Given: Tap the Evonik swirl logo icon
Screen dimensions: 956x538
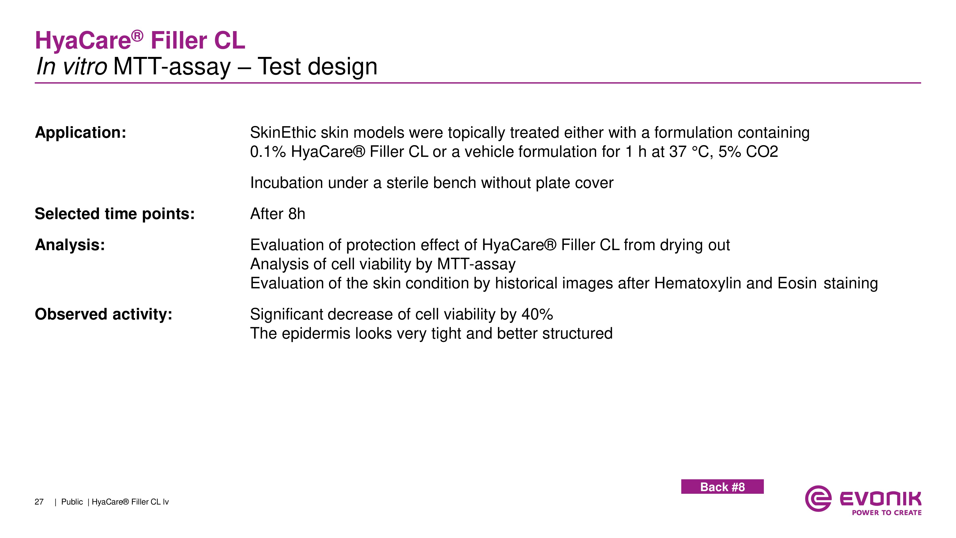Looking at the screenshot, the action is [x=818, y=499].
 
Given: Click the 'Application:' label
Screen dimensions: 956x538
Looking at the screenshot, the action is [x=81, y=132].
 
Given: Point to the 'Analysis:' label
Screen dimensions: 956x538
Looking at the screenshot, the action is [x=70, y=245].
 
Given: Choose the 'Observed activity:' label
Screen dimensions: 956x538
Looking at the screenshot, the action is [x=103, y=314].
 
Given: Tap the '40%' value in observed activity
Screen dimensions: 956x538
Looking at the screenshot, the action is [x=537, y=314].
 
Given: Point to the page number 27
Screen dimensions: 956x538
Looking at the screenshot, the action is [x=39, y=502].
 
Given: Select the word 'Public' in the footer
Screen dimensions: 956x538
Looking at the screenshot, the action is [x=72, y=502].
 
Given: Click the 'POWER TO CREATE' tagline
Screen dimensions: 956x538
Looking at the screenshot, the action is [x=887, y=513].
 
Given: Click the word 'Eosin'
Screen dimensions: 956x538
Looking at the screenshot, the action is [x=797, y=283].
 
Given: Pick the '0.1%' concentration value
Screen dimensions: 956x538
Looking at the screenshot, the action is [x=268, y=152].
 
